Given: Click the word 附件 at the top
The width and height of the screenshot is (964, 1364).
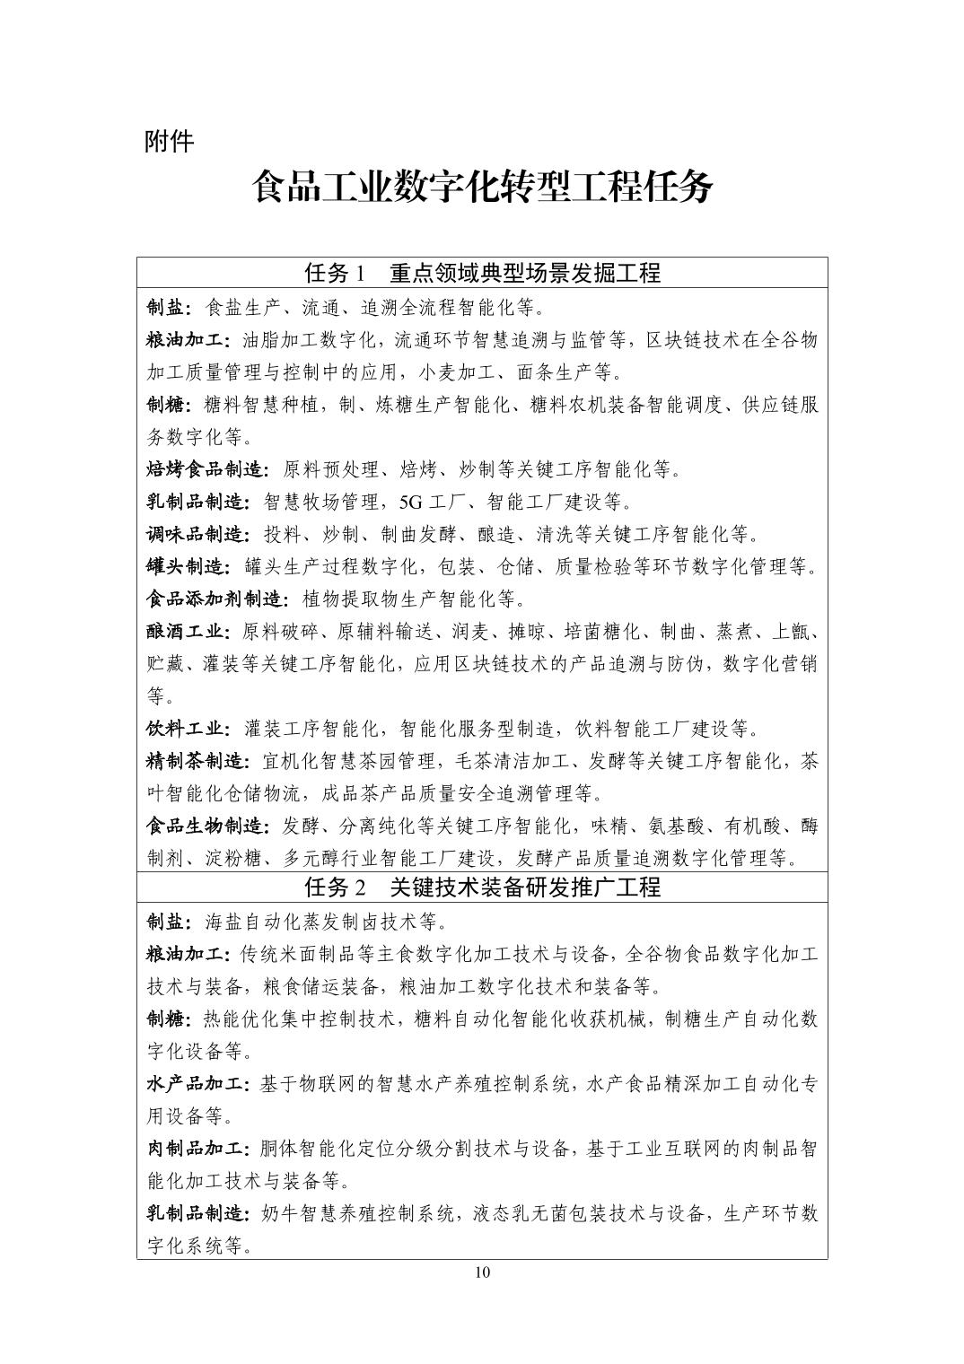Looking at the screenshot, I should tap(169, 142).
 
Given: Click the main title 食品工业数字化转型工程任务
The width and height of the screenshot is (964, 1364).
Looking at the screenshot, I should tap(482, 188).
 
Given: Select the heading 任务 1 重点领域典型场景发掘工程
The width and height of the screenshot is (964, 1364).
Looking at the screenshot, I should tap(482, 273).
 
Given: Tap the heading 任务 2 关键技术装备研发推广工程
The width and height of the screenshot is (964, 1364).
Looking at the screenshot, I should tap(482, 888).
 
